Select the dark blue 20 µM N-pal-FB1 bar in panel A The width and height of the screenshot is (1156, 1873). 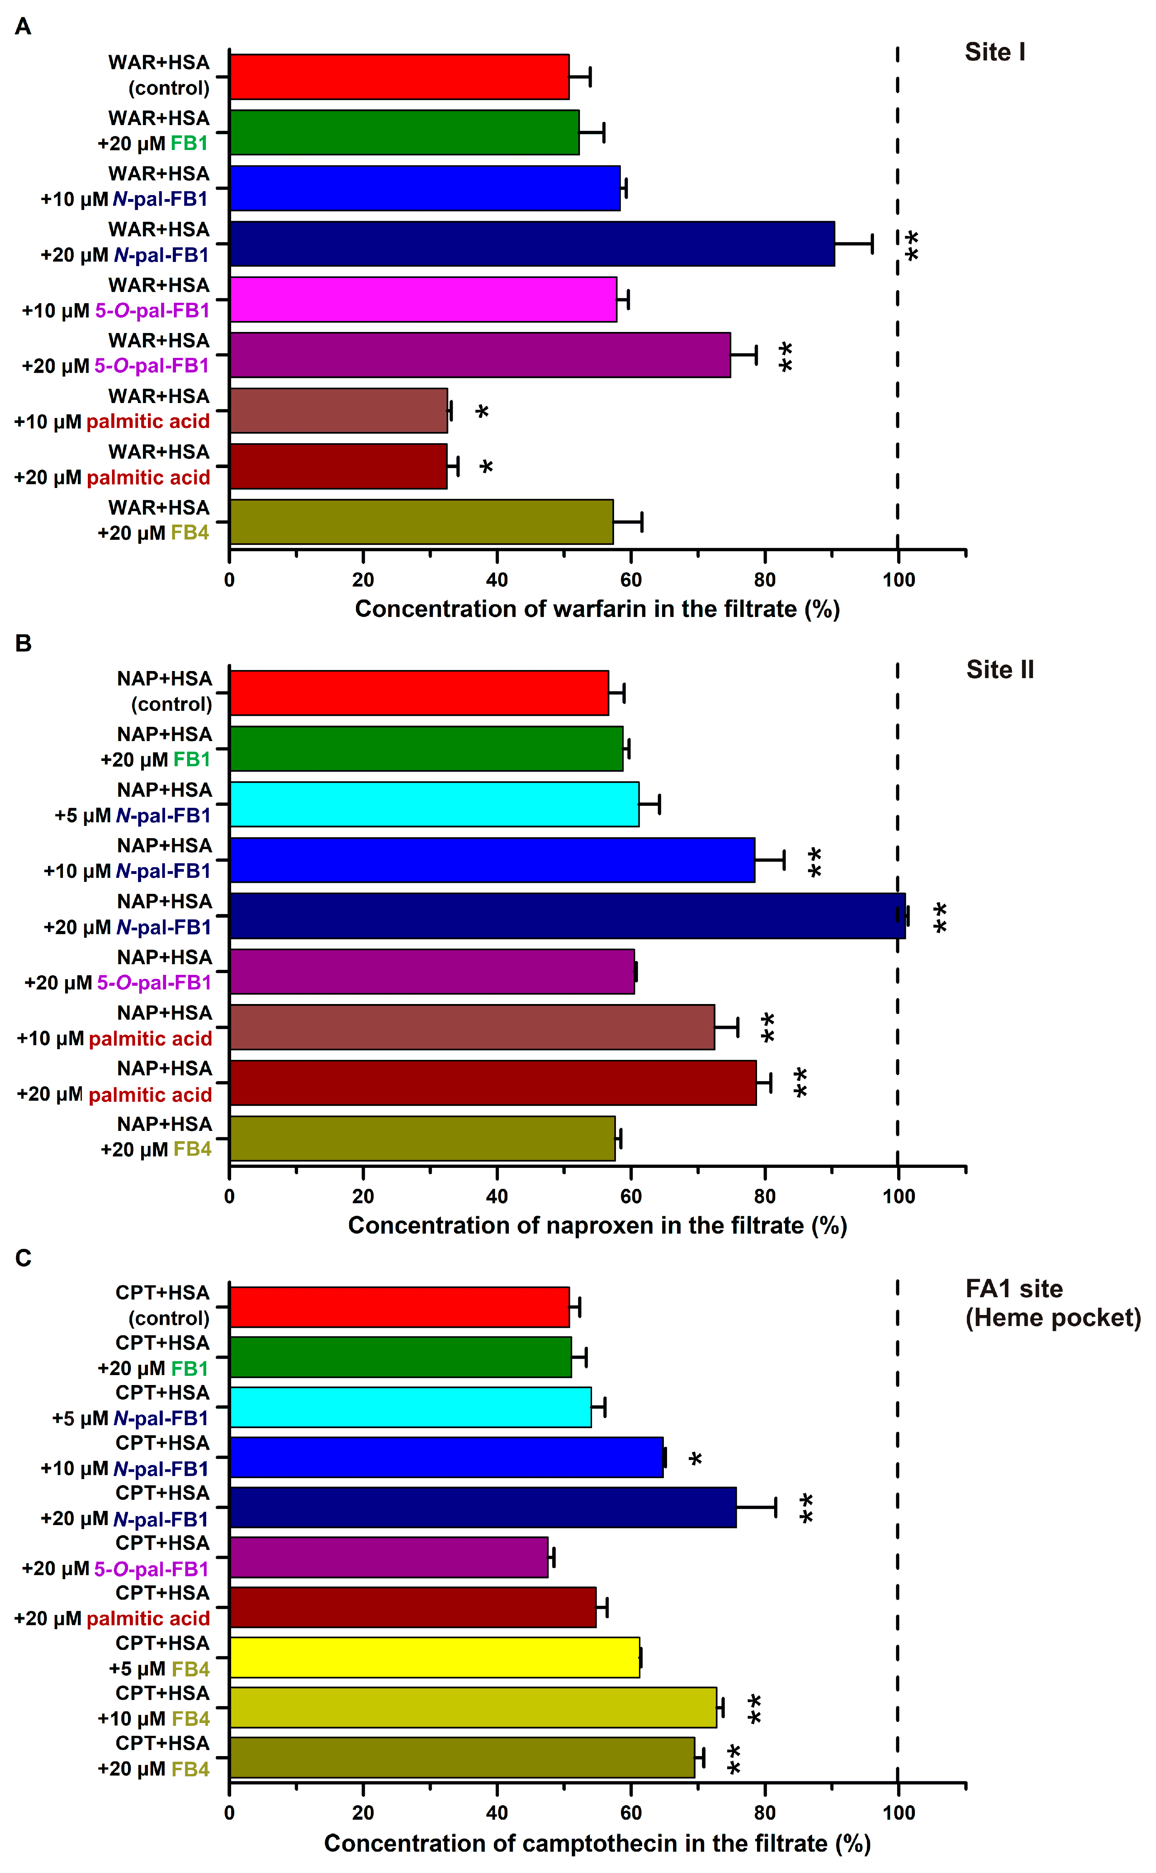(531, 244)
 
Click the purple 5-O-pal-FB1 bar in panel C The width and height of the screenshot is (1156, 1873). (388, 1557)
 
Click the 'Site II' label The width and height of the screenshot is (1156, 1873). (999, 670)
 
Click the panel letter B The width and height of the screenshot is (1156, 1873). (23, 643)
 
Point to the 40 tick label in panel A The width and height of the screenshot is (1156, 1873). (497, 580)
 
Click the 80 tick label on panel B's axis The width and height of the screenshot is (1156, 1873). (765, 1197)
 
